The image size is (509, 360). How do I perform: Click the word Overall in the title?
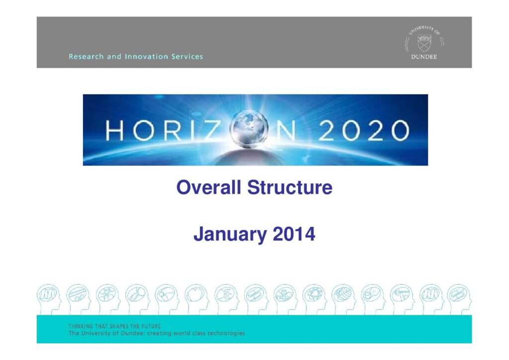click(x=208, y=187)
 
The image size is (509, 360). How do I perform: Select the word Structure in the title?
click(x=290, y=187)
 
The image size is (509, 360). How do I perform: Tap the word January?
click(x=230, y=234)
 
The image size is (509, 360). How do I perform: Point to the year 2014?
click(x=294, y=234)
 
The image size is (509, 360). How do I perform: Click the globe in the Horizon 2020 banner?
click(x=249, y=129)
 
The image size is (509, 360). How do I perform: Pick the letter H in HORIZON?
click(x=115, y=130)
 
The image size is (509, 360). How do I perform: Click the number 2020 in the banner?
click(x=363, y=130)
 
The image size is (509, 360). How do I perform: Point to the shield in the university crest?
click(x=424, y=43)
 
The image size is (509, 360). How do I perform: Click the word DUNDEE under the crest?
click(x=424, y=57)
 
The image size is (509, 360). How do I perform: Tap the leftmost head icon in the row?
click(x=49, y=299)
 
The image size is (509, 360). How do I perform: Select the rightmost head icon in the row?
click(x=459, y=299)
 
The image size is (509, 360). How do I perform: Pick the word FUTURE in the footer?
click(x=151, y=326)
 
